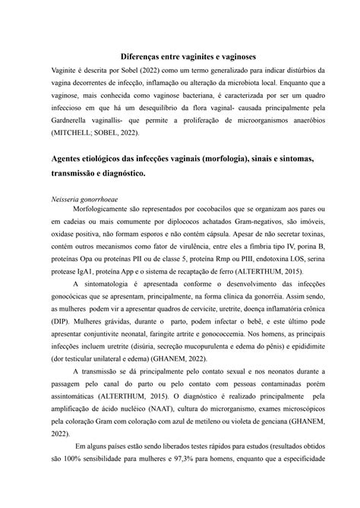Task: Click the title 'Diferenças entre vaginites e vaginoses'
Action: click(x=179, y=55)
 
